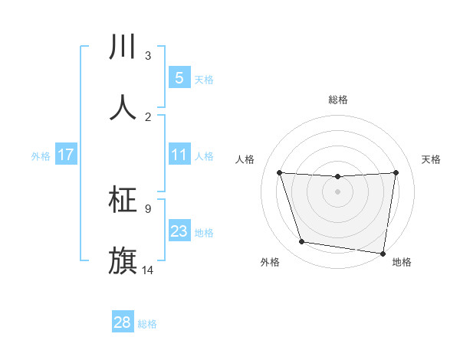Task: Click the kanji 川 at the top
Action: pos(123,47)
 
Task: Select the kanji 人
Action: pos(123,107)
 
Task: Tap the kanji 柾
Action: pos(123,200)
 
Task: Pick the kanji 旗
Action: pos(123,260)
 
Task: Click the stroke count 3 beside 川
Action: pos(148,56)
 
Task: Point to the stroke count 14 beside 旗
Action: pos(148,270)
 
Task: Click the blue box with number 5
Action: pos(179,78)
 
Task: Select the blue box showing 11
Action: pos(179,155)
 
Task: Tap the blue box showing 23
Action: pos(179,231)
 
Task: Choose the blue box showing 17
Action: pos(65,155)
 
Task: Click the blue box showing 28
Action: pos(123,322)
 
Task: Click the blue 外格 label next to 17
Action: pos(41,156)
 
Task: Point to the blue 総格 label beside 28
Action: pos(147,324)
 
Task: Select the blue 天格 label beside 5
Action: pos(204,79)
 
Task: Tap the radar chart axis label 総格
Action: pos(337,100)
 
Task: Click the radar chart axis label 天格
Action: pos(431,159)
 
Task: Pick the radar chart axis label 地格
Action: pos(402,263)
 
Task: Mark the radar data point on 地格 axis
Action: pos(383,253)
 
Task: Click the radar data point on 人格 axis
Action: pos(280,172)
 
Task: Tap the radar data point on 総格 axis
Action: pos(337,177)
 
